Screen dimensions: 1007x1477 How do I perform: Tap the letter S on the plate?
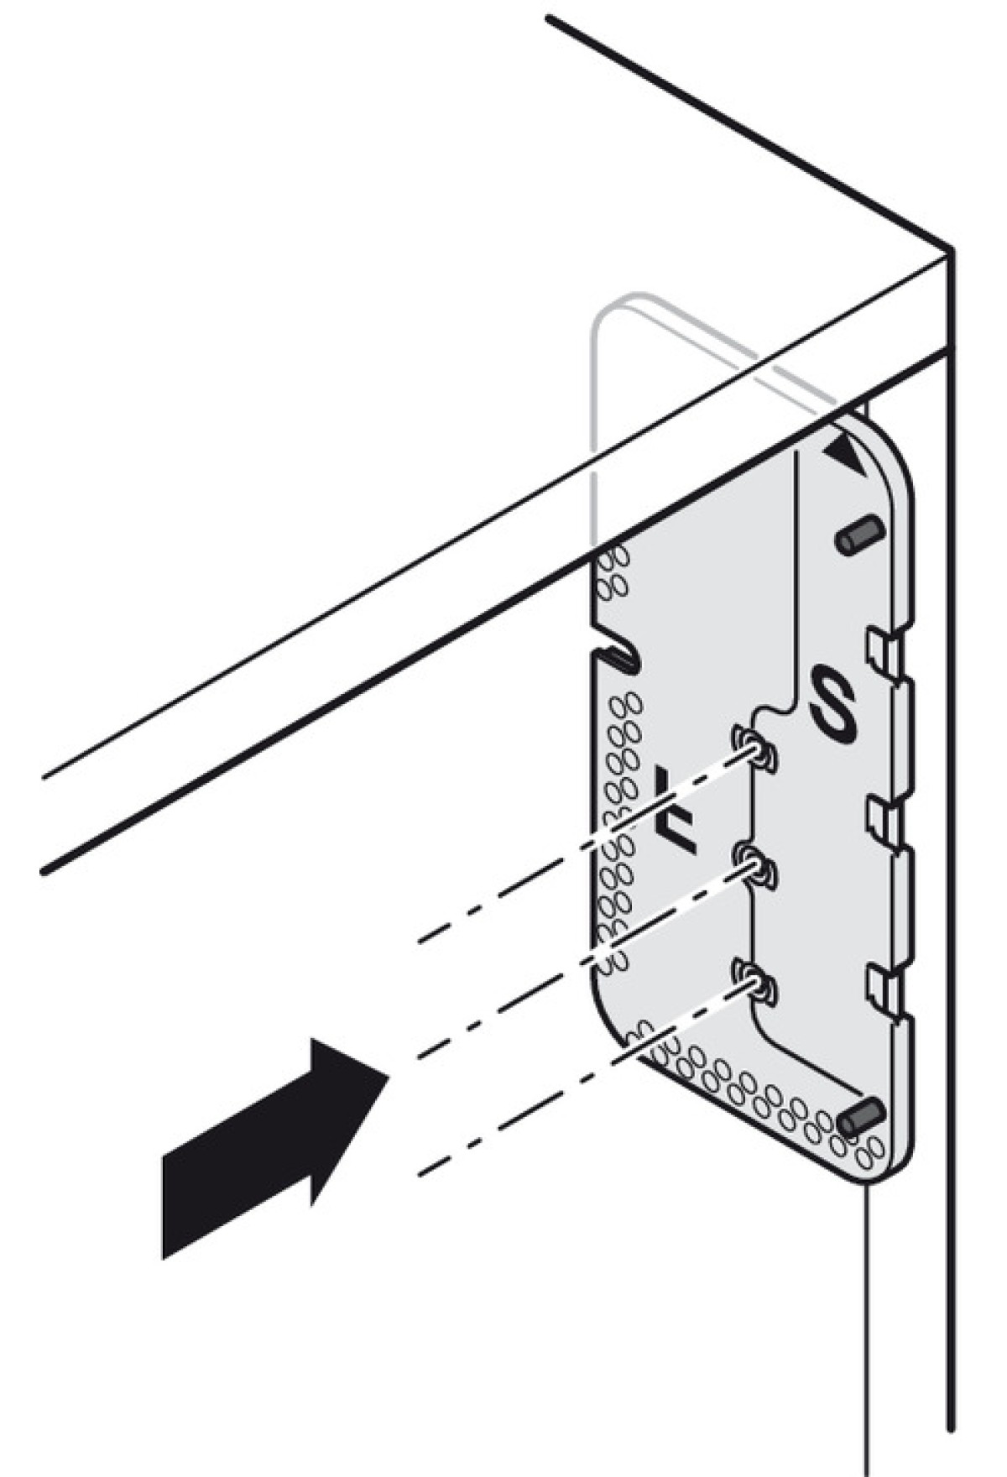[x=832, y=703]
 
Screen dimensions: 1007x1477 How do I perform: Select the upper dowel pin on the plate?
[x=858, y=535]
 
